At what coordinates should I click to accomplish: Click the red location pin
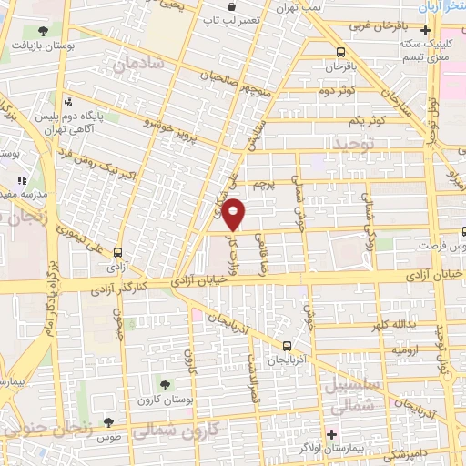(x=234, y=215)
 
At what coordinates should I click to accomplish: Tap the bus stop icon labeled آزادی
(x=118, y=252)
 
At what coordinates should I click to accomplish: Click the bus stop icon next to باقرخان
(x=340, y=51)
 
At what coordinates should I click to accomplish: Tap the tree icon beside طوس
(x=108, y=422)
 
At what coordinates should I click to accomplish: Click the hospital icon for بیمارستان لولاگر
(x=332, y=433)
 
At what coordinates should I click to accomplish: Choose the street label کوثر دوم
(x=338, y=91)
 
